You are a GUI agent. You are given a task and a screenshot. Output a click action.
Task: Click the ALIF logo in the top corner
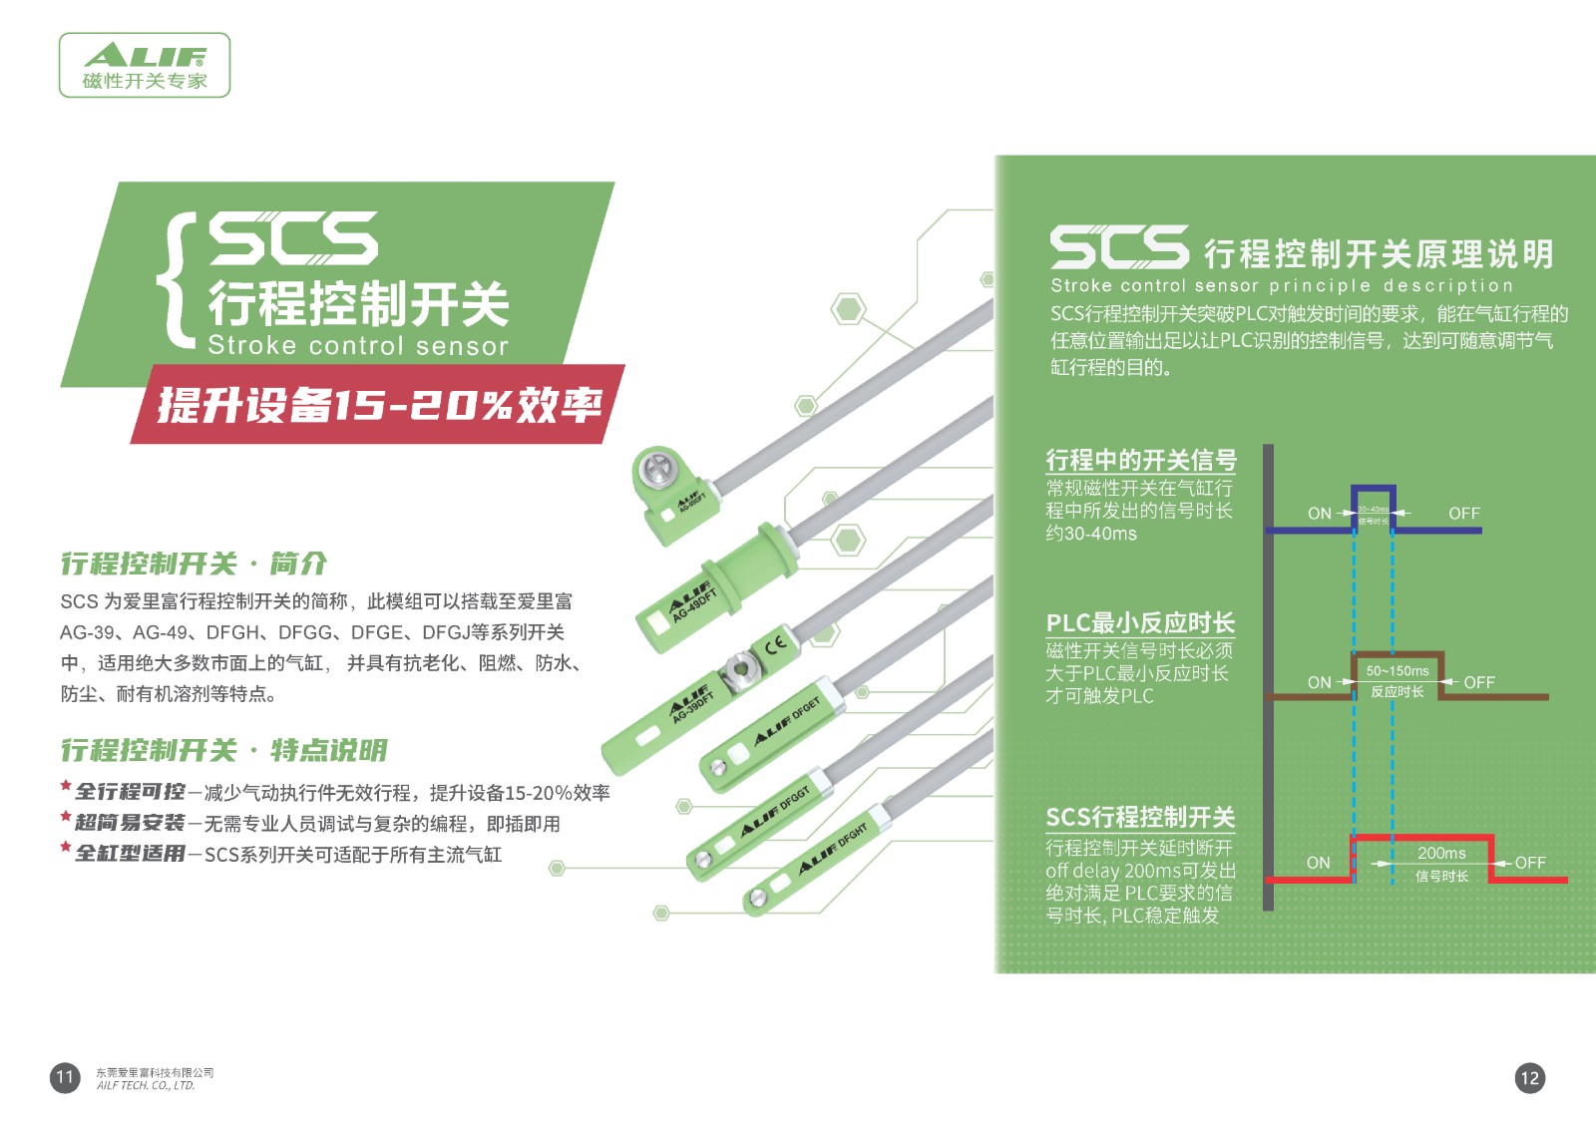145,65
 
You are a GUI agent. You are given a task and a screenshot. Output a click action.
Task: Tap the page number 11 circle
65,1077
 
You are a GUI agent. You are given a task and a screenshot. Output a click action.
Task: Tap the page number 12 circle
1529,1077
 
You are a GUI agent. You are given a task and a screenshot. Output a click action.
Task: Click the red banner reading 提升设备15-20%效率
379,404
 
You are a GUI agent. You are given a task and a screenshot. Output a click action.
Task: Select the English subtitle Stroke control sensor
358,346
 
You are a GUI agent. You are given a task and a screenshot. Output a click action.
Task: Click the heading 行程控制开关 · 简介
194,564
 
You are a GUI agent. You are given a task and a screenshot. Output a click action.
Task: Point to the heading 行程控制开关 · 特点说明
223,750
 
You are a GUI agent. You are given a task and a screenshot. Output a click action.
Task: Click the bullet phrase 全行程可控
130,792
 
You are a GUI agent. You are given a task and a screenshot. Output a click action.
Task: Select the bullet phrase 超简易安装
130,823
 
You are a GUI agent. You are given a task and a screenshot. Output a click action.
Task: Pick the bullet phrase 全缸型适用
130,854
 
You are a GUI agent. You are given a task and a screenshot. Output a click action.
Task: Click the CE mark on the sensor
776,643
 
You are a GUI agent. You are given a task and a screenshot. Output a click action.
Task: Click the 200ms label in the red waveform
1441,854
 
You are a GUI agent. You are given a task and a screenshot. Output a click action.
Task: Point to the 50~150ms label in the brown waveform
1396,671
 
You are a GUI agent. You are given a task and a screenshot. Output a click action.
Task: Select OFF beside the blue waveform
1463,514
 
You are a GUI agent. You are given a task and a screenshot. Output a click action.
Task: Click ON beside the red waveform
1318,863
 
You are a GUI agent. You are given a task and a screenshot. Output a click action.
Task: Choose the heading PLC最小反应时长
1140,623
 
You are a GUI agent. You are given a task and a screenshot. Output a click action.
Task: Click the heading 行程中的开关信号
1140,460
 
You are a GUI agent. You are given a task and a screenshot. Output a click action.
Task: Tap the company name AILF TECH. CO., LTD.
146,1086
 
